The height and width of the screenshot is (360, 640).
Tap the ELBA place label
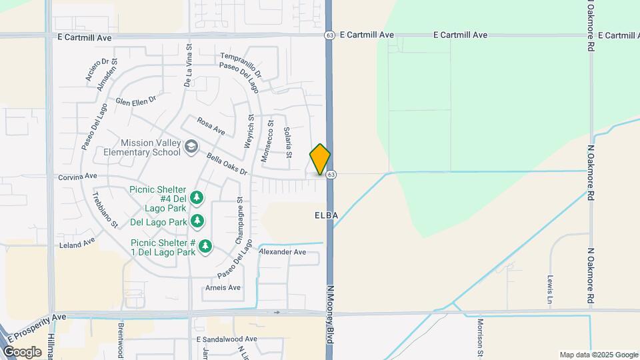click(x=327, y=215)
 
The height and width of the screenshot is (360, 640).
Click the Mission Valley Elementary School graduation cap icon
click(x=191, y=146)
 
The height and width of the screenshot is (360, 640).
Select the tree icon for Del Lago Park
click(x=197, y=221)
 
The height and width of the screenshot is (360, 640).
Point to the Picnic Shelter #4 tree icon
click(x=196, y=197)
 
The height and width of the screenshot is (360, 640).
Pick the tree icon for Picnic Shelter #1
click(x=206, y=247)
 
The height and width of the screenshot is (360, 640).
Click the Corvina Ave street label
click(x=77, y=177)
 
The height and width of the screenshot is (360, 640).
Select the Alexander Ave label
click(x=282, y=252)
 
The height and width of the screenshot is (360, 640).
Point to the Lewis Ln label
click(x=551, y=289)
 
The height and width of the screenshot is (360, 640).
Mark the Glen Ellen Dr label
click(x=135, y=100)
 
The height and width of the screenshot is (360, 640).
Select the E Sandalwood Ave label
click(x=227, y=339)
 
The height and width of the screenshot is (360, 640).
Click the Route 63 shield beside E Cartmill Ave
click(x=329, y=35)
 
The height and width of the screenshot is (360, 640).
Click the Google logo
click(x=22, y=351)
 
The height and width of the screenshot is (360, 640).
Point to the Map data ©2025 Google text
click(x=599, y=355)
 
